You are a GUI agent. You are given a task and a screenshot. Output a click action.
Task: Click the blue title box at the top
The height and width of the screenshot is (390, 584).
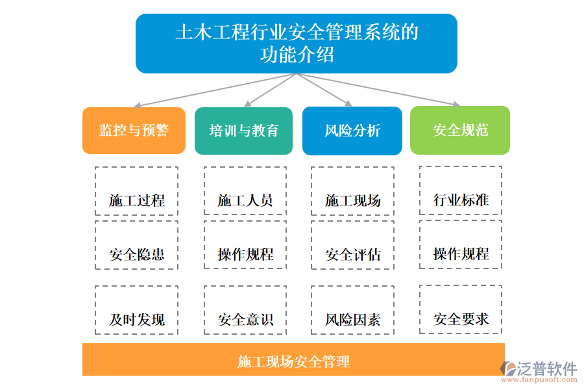click(x=296, y=44)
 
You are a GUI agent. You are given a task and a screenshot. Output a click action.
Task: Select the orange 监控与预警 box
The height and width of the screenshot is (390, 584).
click(x=134, y=131)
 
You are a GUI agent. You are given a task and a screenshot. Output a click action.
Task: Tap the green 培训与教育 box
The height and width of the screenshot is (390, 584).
click(x=243, y=131)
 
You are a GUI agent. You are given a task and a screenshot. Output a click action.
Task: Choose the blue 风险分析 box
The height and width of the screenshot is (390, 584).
click(x=352, y=131)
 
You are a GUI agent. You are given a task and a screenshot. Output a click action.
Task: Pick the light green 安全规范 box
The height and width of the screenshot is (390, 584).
click(x=460, y=131)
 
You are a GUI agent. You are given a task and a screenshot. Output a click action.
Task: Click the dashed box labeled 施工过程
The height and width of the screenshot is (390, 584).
click(x=136, y=191)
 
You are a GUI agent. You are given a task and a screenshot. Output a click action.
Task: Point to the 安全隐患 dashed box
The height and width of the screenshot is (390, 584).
click(x=136, y=245)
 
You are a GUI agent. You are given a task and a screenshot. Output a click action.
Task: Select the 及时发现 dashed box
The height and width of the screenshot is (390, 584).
click(x=136, y=310)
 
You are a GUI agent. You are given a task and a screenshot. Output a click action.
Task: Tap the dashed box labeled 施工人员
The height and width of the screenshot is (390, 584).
click(x=245, y=191)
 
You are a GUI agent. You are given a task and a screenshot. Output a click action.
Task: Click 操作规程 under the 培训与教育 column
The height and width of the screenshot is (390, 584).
click(x=245, y=245)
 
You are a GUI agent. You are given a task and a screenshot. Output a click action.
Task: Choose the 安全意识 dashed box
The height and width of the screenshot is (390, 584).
click(x=245, y=310)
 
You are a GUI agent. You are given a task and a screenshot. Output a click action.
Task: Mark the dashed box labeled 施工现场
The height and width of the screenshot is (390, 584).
click(x=352, y=191)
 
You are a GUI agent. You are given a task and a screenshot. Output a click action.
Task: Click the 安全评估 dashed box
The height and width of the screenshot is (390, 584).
click(x=352, y=245)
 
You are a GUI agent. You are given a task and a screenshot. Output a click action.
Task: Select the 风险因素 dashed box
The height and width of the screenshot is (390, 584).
click(x=352, y=310)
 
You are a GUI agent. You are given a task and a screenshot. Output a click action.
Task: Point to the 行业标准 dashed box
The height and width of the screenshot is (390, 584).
click(x=461, y=190)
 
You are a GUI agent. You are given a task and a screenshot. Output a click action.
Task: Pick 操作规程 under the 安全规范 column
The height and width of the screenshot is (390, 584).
click(x=461, y=244)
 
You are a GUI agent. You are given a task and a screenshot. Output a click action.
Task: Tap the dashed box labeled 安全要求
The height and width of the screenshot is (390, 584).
click(x=461, y=309)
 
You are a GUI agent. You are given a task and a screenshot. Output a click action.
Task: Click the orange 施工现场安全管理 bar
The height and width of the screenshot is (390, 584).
click(x=293, y=359)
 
